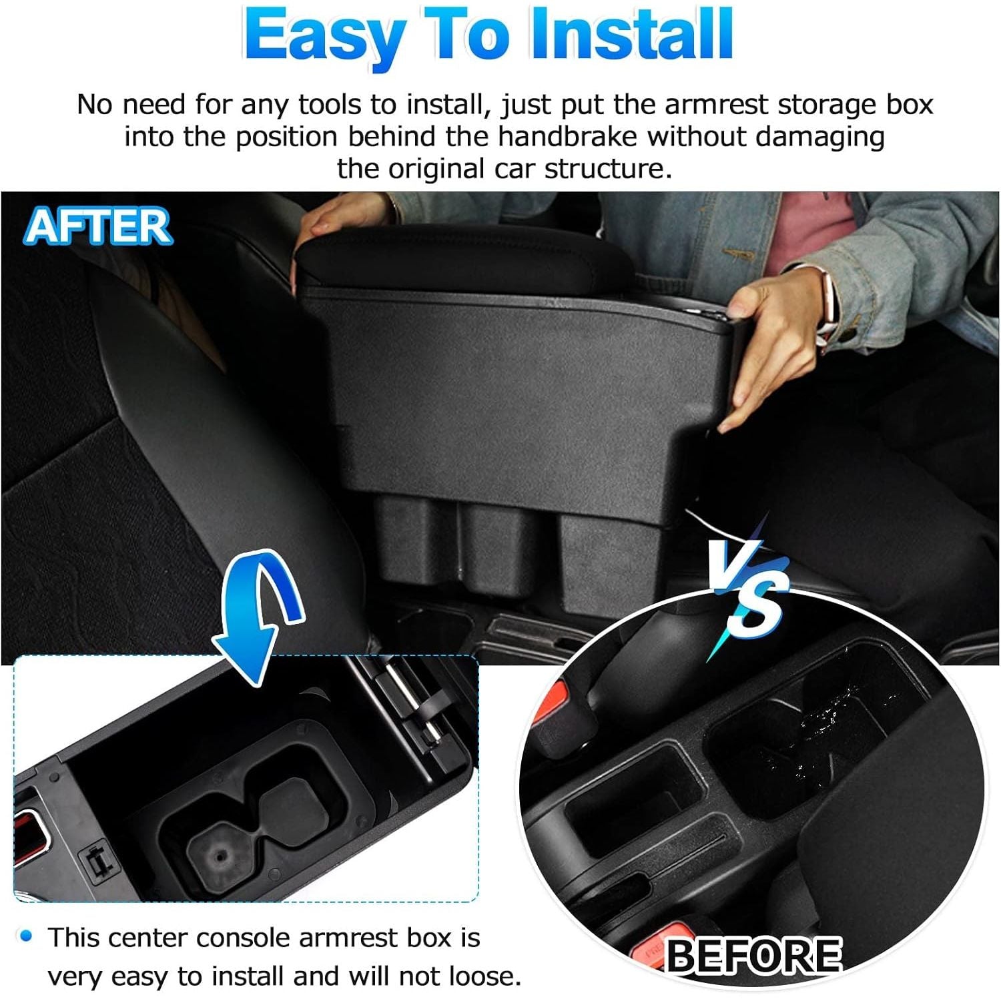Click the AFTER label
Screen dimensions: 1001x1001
(x=98, y=226)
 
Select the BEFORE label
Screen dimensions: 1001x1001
(x=753, y=955)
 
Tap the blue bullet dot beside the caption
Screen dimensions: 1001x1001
(x=26, y=936)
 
